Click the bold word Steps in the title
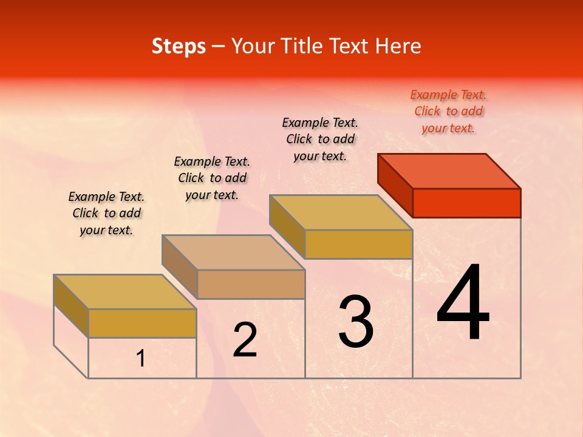coord(179,46)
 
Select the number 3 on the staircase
coord(355,322)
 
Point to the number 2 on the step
coord(245,340)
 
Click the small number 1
coord(140,359)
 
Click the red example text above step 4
coord(448,111)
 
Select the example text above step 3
coord(320,139)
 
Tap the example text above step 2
coord(212,178)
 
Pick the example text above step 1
coord(106,213)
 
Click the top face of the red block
coord(449,171)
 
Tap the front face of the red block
coord(466,203)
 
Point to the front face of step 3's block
coord(358,244)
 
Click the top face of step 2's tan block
coord(233,252)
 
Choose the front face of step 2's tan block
coord(251,284)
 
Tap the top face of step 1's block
coord(125,292)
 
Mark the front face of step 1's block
coord(142,323)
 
